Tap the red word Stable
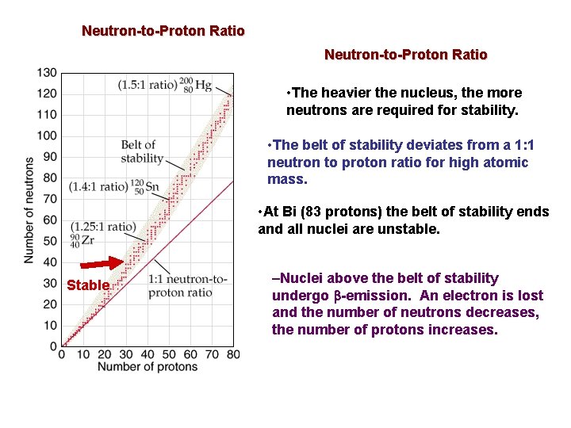[x=88, y=285]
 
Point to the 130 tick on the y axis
[x=47, y=73]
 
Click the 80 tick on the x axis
[x=232, y=354]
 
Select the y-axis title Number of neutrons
[x=29, y=210]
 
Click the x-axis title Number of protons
[x=147, y=367]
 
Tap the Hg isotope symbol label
[x=195, y=84]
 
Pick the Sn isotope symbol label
[x=146, y=186]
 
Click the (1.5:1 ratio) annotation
[x=148, y=85]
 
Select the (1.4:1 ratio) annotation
[x=98, y=187]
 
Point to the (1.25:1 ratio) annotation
[x=102, y=227]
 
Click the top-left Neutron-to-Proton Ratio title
[x=163, y=32]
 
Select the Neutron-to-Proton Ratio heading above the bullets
[x=405, y=55]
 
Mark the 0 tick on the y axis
[x=53, y=346]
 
